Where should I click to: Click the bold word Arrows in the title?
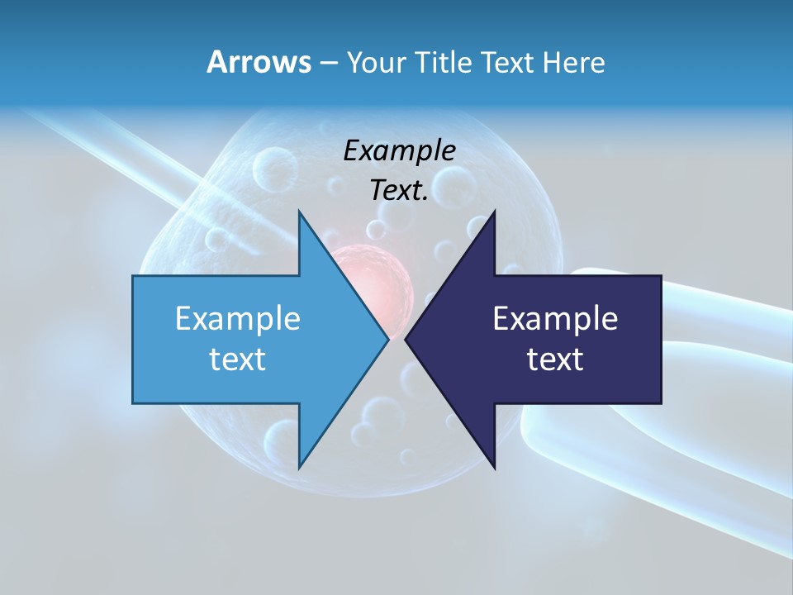(259, 62)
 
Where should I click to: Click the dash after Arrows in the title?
(328, 64)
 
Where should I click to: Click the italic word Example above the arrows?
(399, 151)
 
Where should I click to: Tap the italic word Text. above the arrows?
(399, 191)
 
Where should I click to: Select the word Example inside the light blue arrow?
(238, 319)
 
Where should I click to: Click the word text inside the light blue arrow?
(238, 359)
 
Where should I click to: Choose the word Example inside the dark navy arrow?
(555, 319)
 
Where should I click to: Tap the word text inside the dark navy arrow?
(555, 359)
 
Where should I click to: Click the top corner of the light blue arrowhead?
(299, 212)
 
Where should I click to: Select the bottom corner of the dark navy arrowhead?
(494, 466)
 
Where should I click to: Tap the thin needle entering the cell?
(124, 149)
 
